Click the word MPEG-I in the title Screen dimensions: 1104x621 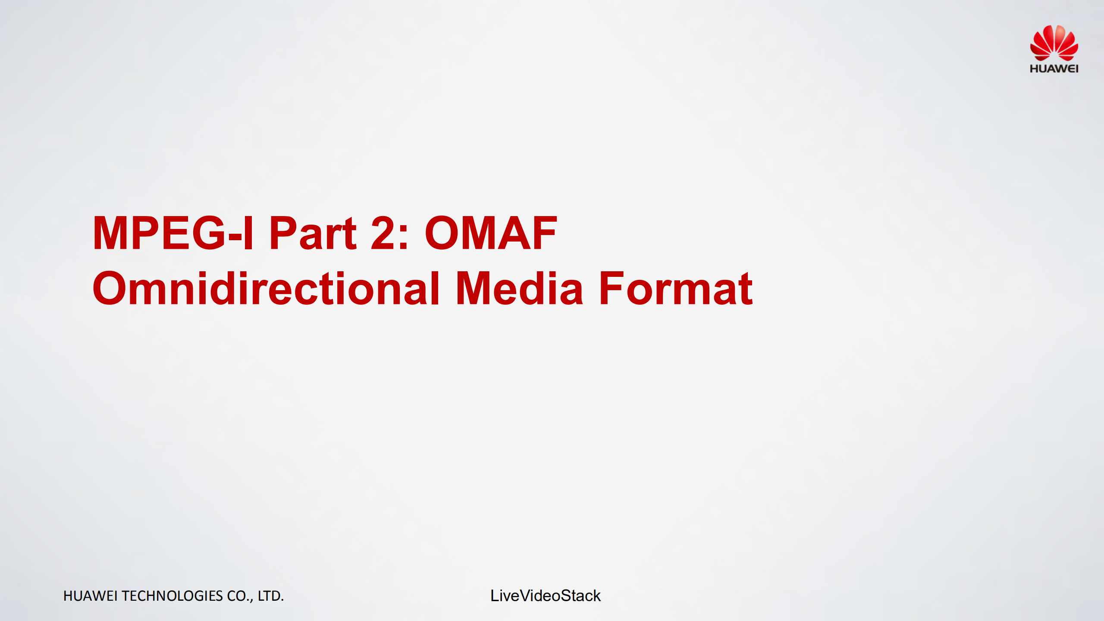pos(173,233)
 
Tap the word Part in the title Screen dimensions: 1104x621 pos(313,233)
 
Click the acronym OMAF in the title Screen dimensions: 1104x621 pos(491,233)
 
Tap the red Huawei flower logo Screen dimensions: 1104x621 pos(1054,43)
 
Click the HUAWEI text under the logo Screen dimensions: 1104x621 pos(1054,69)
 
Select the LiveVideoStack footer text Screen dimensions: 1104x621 pos(546,596)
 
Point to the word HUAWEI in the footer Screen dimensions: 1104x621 pos(91,596)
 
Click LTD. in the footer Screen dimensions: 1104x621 pos(271,596)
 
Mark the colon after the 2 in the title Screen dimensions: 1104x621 pos(404,237)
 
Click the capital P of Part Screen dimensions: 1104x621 pos(284,233)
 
